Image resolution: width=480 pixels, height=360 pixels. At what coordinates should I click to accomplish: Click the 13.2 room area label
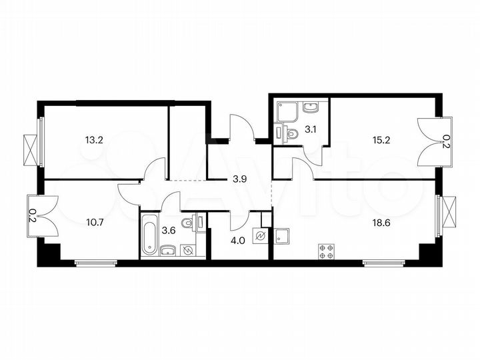(94, 140)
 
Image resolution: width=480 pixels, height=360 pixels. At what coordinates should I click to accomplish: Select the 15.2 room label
(381, 140)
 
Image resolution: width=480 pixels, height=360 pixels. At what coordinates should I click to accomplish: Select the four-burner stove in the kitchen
(327, 251)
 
